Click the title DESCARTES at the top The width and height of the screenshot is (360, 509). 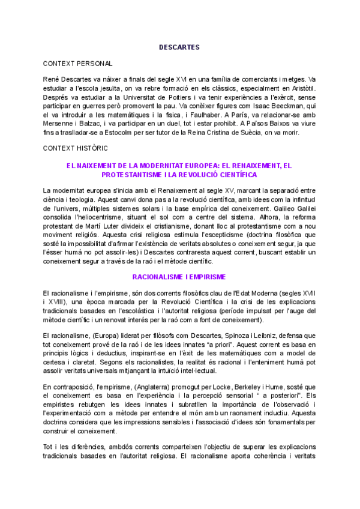(x=179, y=46)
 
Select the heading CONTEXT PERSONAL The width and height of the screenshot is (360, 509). (x=77, y=63)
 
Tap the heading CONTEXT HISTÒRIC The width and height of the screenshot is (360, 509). (x=76, y=148)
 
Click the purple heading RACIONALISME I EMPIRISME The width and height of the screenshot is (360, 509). (x=179, y=277)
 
